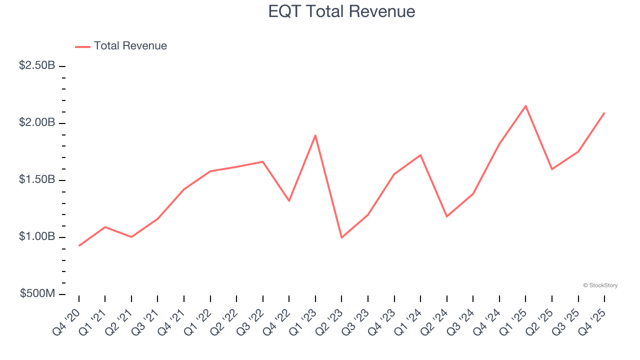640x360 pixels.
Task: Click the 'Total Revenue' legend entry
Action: pyautogui.click(x=130, y=46)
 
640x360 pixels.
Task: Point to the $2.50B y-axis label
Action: pyautogui.click(x=37, y=65)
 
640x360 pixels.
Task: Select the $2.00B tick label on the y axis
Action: pyautogui.click(x=37, y=122)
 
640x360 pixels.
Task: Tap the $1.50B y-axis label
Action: pyautogui.click(x=37, y=179)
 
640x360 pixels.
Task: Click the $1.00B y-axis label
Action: pyautogui.click(x=37, y=236)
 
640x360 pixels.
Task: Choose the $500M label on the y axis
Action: pyautogui.click(x=37, y=293)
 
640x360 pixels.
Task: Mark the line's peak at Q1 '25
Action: pyautogui.click(x=525, y=105)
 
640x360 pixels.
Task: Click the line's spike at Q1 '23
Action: pyautogui.click(x=315, y=135)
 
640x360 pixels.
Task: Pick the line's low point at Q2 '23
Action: pyautogui.click(x=341, y=237)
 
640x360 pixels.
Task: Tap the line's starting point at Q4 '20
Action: pyautogui.click(x=79, y=245)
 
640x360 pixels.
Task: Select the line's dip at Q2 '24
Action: pyautogui.click(x=446, y=216)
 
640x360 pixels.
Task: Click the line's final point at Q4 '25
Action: pyautogui.click(x=604, y=113)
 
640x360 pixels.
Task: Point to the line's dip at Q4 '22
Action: pyautogui.click(x=289, y=201)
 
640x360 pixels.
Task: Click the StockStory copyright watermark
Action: pyautogui.click(x=600, y=285)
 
